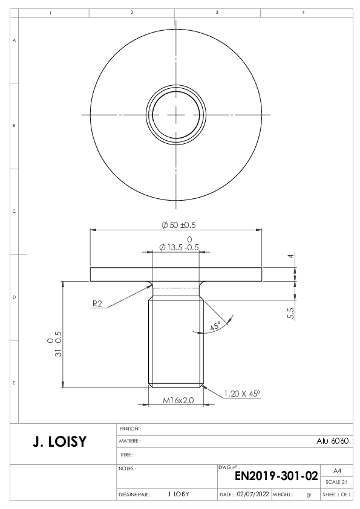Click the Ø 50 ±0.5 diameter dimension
click(x=178, y=225)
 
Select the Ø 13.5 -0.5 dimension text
click(x=178, y=247)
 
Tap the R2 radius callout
click(x=97, y=303)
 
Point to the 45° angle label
click(x=215, y=326)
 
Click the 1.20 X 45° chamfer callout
click(x=242, y=394)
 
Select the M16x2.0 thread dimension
click(x=178, y=400)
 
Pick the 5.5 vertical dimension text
click(x=291, y=313)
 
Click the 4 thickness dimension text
click(x=291, y=256)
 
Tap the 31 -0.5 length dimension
click(x=59, y=344)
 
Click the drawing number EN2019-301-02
click(x=276, y=476)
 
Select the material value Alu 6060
click(x=332, y=441)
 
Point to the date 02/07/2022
click(x=253, y=494)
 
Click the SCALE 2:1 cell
click(x=336, y=482)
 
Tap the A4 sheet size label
click(x=337, y=471)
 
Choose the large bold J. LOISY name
click(x=60, y=442)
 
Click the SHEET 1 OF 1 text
click(x=336, y=494)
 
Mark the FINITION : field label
click(x=130, y=429)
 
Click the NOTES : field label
click(x=128, y=468)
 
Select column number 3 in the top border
click(x=217, y=12)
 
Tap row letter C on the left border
click(x=14, y=212)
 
